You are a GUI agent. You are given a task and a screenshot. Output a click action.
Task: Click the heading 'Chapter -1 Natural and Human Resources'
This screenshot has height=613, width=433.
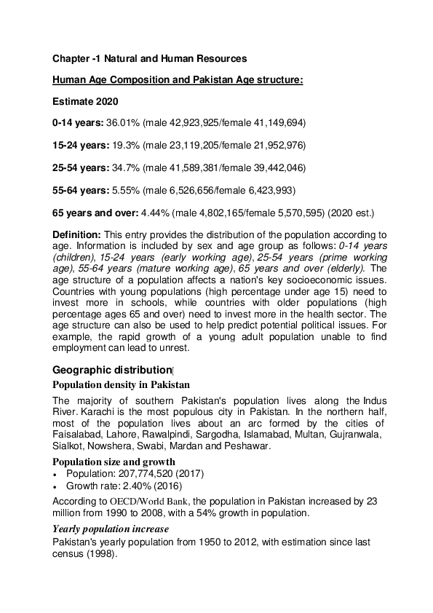pos(149,58)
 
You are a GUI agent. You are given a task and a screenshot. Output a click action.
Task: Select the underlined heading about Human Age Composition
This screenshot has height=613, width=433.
pos(178,79)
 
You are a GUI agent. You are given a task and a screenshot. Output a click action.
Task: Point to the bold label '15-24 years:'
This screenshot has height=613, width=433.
pos(79,146)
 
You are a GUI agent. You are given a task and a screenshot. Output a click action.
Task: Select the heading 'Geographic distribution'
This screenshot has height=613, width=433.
pos(111,370)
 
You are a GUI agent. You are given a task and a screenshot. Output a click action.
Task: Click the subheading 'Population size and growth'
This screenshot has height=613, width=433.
pos(114,462)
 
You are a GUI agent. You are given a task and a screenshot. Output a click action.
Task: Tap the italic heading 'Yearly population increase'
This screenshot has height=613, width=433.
pos(111,529)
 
